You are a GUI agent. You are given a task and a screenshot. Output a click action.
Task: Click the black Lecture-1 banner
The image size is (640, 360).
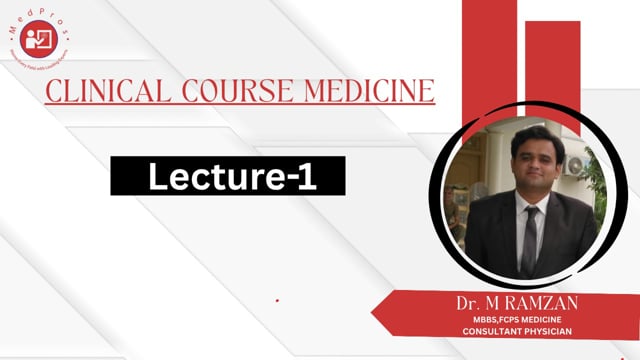[x=227, y=177]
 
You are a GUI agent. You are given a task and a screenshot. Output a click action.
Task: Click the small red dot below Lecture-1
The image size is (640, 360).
[x=277, y=300]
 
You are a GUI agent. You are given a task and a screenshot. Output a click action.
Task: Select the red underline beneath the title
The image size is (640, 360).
[x=240, y=104]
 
